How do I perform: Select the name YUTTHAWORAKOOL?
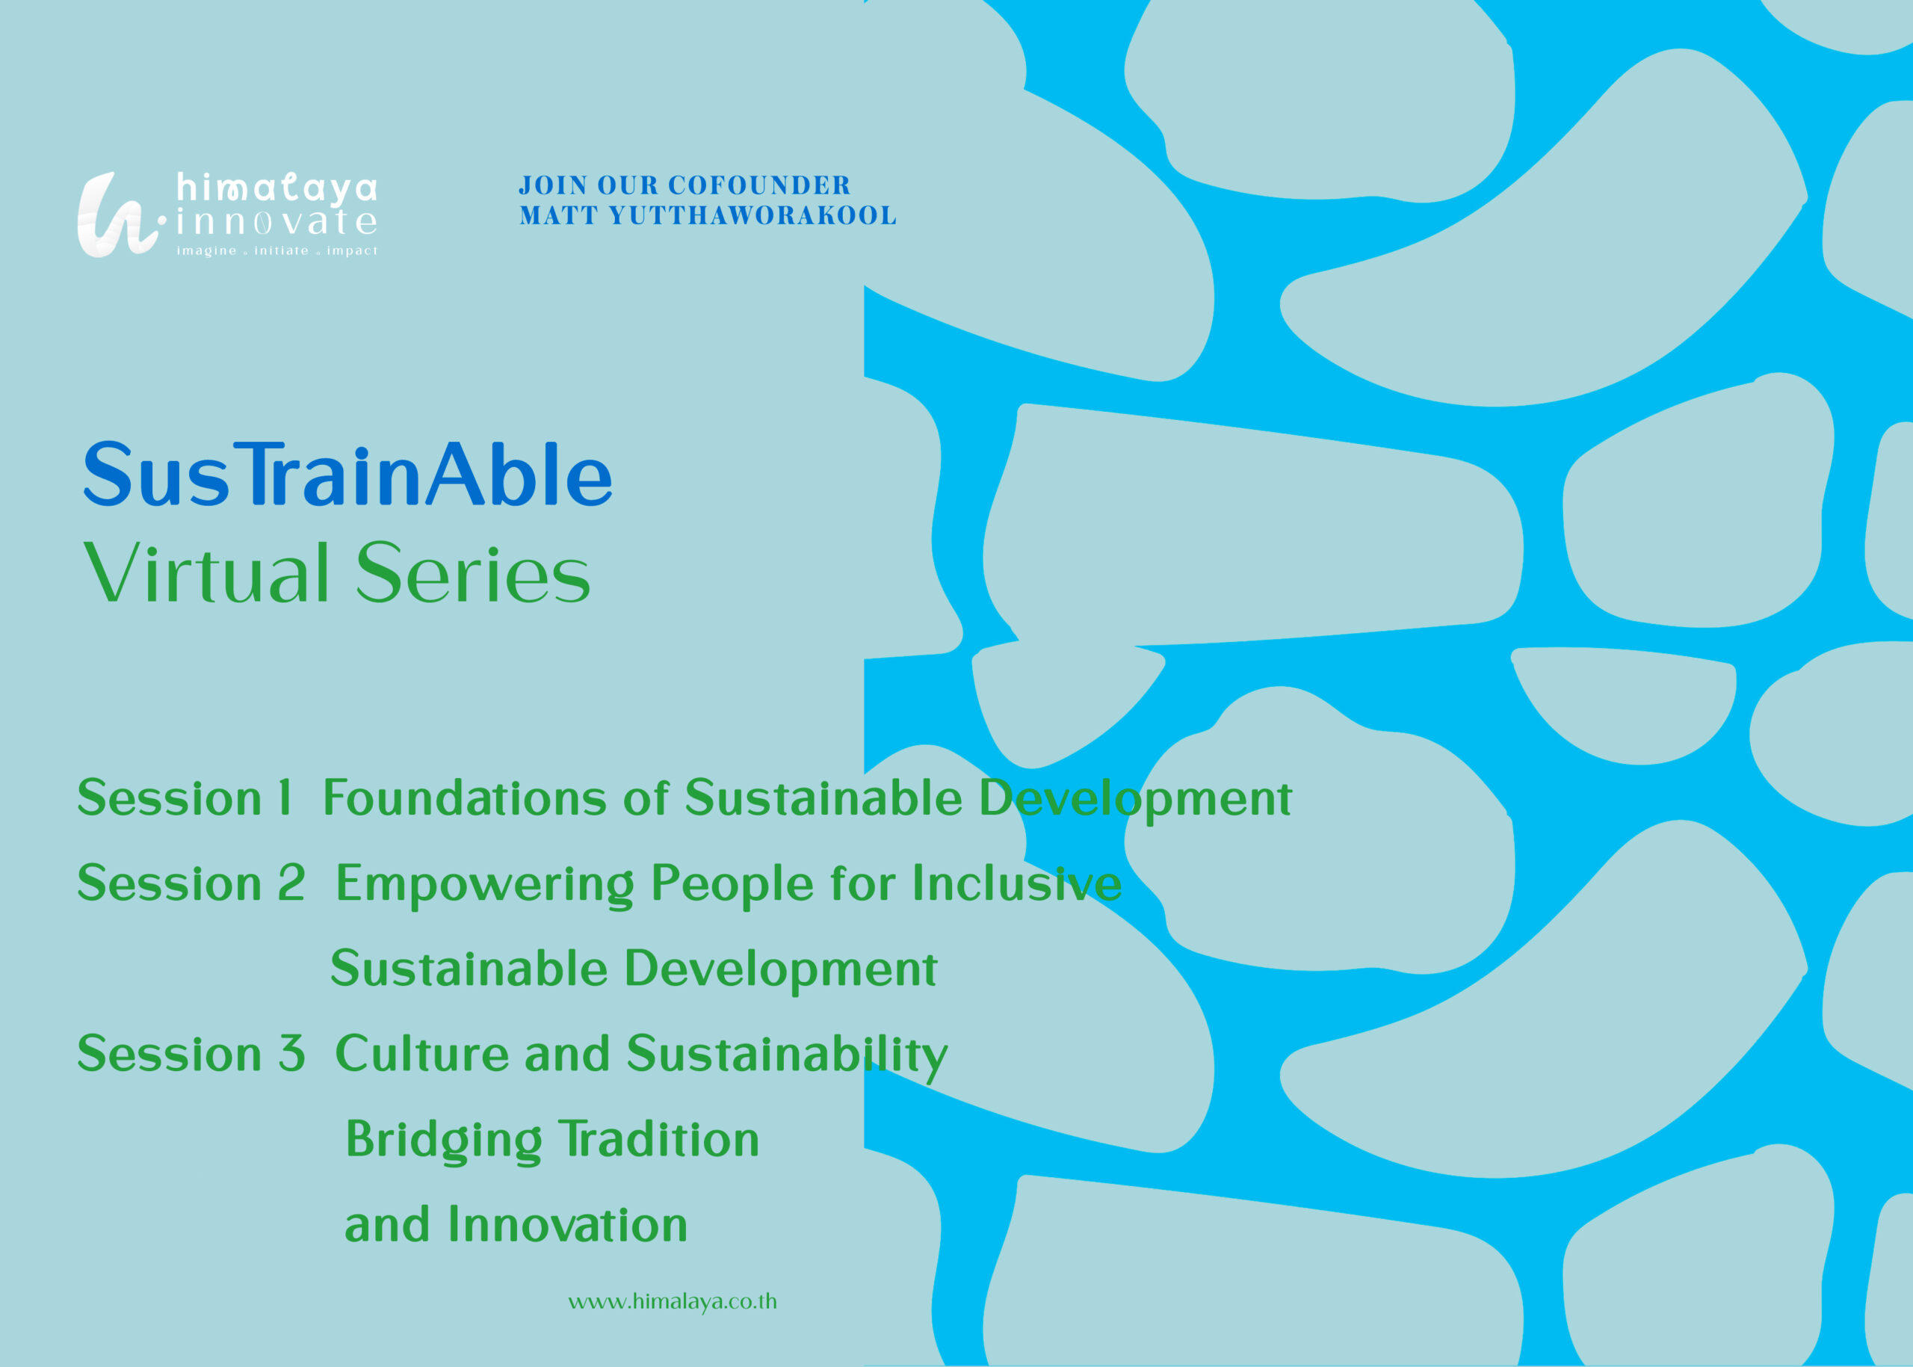pos(752,215)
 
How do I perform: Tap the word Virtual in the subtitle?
pos(206,573)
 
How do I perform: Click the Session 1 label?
pos(185,798)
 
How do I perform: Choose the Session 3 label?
pos(191,1053)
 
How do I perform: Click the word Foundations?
pos(466,798)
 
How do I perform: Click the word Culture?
pos(422,1053)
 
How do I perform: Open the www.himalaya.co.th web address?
pos(673,1301)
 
